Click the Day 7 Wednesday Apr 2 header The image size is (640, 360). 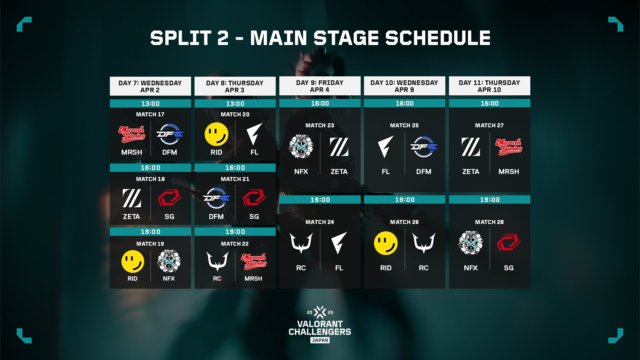pyautogui.click(x=150, y=86)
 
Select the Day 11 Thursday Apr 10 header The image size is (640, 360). pyautogui.click(x=489, y=86)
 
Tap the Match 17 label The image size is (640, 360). pyautogui.click(x=150, y=114)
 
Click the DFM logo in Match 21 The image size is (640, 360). pyautogui.click(x=216, y=198)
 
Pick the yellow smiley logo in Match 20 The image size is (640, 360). pyautogui.click(x=216, y=134)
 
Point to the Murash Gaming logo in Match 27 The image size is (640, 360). pyautogui.click(x=509, y=147)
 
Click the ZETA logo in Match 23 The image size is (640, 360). pyautogui.click(x=339, y=147)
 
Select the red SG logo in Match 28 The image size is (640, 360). pyautogui.click(x=509, y=243)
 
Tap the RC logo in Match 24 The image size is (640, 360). pyautogui.click(x=301, y=243)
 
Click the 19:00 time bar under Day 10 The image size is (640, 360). pyautogui.click(x=405, y=200)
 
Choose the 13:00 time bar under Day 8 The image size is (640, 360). pyautogui.click(x=235, y=104)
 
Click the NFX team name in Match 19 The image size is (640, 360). pyautogui.click(x=169, y=278)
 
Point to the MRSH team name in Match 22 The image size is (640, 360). pyautogui.click(x=253, y=278)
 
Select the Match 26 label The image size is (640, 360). pyautogui.click(x=404, y=222)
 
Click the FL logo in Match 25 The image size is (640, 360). pyautogui.click(x=386, y=147)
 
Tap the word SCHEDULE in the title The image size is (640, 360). pyautogui.click(x=438, y=38)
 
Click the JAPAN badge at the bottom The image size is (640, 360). pyautogui.click(x=320, y=340)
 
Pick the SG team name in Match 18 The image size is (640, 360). pyautogui.click(x=169, y=217)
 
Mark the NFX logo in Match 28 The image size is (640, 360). pyautogui.click(x=471, y=243)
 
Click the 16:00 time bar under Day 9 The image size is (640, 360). pyautogui.click(x=320, y=103)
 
